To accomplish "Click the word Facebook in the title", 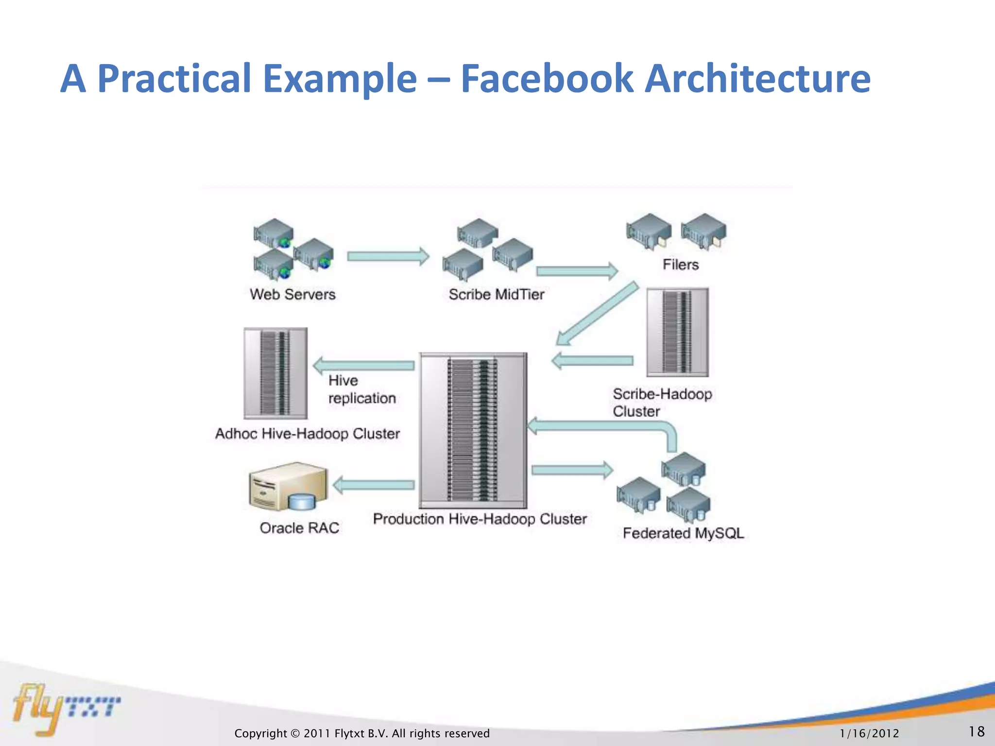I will tap(547, 79).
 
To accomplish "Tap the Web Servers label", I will tap(292, 294).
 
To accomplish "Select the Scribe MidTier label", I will tap(496, 294).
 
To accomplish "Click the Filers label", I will tap(680, 265).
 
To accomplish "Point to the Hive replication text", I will tap(361, 390).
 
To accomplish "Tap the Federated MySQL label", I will tap(683, 533).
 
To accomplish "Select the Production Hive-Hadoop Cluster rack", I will tap(473, 430).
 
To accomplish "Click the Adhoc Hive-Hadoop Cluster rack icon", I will tap(275, 373).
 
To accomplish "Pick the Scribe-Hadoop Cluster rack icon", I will tap(677, 332).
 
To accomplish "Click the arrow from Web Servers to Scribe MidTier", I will tap(388, 256).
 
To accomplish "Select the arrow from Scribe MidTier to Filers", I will tap(576, 271).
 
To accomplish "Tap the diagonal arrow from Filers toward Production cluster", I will tap(597, 314).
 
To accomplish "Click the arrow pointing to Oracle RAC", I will tap(373, 485).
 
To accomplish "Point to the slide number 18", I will tap(976, 731).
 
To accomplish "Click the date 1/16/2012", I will tap(869, 733).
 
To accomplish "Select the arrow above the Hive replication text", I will tap(364, 365).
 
